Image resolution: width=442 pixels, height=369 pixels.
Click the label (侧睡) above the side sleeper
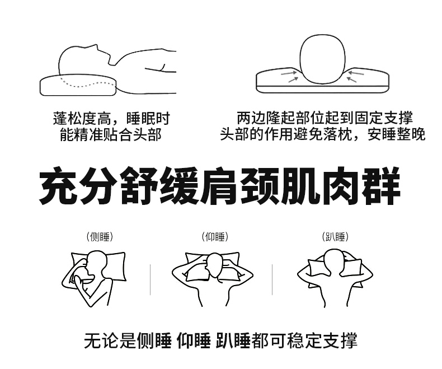pos(100,237)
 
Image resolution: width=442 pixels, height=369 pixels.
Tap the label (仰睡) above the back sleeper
pos(215,237)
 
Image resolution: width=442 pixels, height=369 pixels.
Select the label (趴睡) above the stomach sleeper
pos(335,237)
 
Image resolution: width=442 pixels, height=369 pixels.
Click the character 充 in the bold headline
pos(58,186)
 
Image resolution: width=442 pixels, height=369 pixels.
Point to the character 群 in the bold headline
pos(382,186)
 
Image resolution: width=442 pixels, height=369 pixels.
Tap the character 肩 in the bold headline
pos(219,186)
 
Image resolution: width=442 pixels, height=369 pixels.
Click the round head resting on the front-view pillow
pos(322,59)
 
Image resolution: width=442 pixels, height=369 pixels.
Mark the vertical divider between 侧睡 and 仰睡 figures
pos(151,279)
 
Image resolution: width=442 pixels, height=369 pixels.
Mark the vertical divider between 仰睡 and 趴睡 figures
pos(272,279)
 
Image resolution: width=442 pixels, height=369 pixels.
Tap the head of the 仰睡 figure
pos(215,265)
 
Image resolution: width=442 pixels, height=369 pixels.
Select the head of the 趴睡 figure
pos(335,261)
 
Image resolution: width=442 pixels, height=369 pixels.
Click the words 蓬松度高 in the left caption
pos(82,119)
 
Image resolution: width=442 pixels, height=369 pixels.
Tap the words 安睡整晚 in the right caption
pos(396,134)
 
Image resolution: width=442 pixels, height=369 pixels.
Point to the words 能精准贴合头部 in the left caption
pos(111,134)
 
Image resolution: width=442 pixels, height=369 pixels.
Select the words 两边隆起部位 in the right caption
pos(280,118)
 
